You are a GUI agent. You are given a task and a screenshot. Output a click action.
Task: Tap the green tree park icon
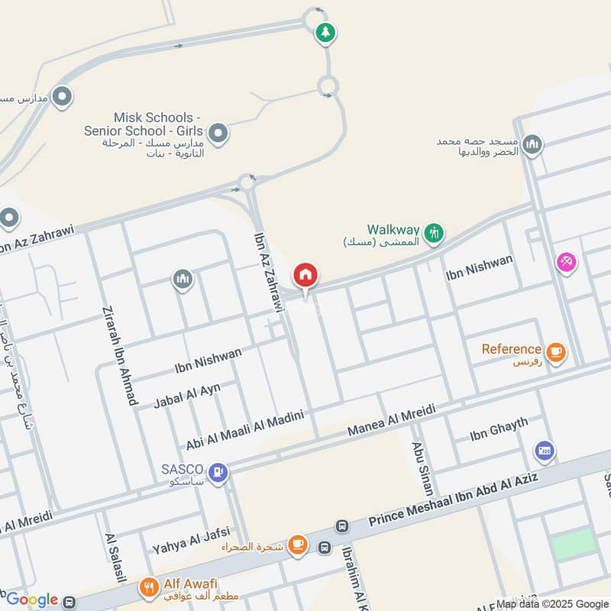pyautogui.click(x=326, y=32)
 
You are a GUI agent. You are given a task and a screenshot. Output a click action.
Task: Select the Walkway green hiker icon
pyautogui.click(x=434, y=231)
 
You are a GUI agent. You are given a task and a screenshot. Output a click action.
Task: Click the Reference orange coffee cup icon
pyautogui.click(x=556, y=351)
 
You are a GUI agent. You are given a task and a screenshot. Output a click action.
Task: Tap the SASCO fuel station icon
pyautogui.click(x=218, y=473)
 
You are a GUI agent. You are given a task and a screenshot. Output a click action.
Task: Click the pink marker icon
pyautogui.click(x=566, y=263)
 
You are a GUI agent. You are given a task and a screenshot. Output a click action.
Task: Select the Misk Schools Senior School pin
pyautogui.click(x=218, y=134)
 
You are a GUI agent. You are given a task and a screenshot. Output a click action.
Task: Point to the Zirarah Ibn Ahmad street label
pyautogui.click(x=118, y=354)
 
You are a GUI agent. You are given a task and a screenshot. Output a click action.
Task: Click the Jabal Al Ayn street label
pyautogui.click(x=187, y=395)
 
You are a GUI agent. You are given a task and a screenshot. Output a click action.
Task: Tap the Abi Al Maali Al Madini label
pyautogui.click(x=245, y=429)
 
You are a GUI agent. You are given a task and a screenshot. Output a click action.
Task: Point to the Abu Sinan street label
pyautogui.click(x=422, y=467)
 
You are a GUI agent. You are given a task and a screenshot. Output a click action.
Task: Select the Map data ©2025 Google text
pyautogui.click(x=552, y=603)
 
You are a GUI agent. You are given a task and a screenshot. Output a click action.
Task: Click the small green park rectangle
pyautogui.click(x=573, y=542)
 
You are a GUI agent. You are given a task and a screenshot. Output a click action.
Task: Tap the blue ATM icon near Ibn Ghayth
pyautogui.click(x=544, y=451)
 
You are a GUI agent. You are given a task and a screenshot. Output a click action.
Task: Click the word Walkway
pyautogui.click(x=393, y=228)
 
